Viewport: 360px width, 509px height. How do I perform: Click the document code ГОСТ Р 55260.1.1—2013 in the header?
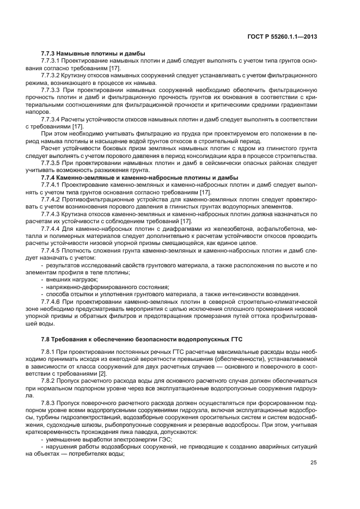pyautogui.click(x=284, y=36)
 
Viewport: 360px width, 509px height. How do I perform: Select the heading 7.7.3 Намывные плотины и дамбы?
pyautogui.click(x=93, y=53)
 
